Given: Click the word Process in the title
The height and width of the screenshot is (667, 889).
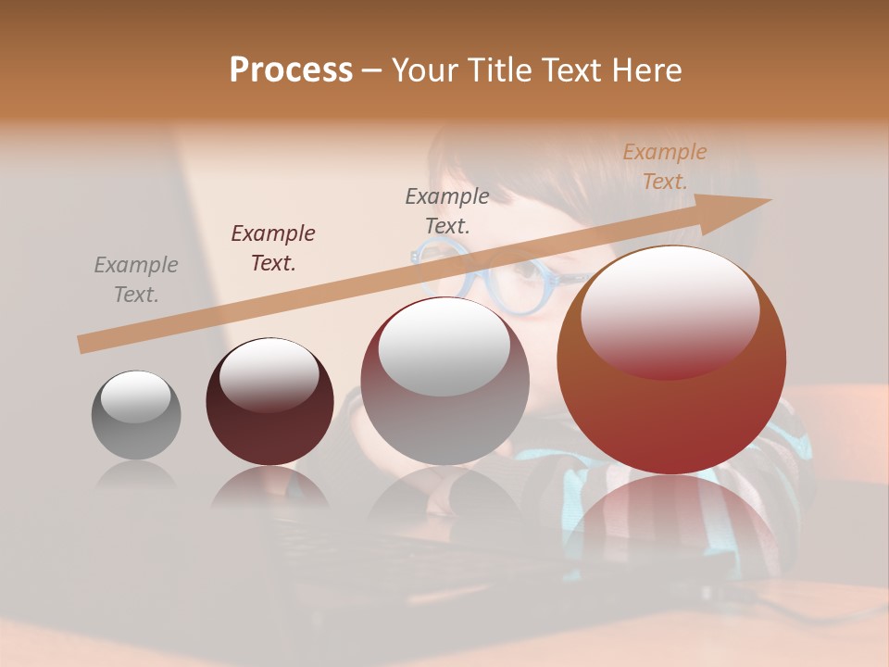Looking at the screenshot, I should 291,69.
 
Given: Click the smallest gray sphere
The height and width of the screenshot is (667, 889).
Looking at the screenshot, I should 136,415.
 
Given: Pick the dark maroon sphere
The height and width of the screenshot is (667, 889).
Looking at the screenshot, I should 269,402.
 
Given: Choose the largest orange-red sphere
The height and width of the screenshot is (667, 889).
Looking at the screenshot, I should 671,359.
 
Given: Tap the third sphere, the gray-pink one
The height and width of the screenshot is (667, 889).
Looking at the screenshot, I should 444,381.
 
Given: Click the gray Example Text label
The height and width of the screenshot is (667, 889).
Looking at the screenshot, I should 136,280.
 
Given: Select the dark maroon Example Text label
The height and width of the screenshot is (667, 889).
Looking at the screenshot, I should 273,248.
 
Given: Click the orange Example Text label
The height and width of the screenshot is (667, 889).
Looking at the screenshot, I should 665,167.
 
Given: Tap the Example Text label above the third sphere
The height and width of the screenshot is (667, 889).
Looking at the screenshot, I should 447,210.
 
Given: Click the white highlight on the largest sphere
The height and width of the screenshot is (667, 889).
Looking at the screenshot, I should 670,310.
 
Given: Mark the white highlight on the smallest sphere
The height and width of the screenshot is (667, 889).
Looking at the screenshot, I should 135,396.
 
